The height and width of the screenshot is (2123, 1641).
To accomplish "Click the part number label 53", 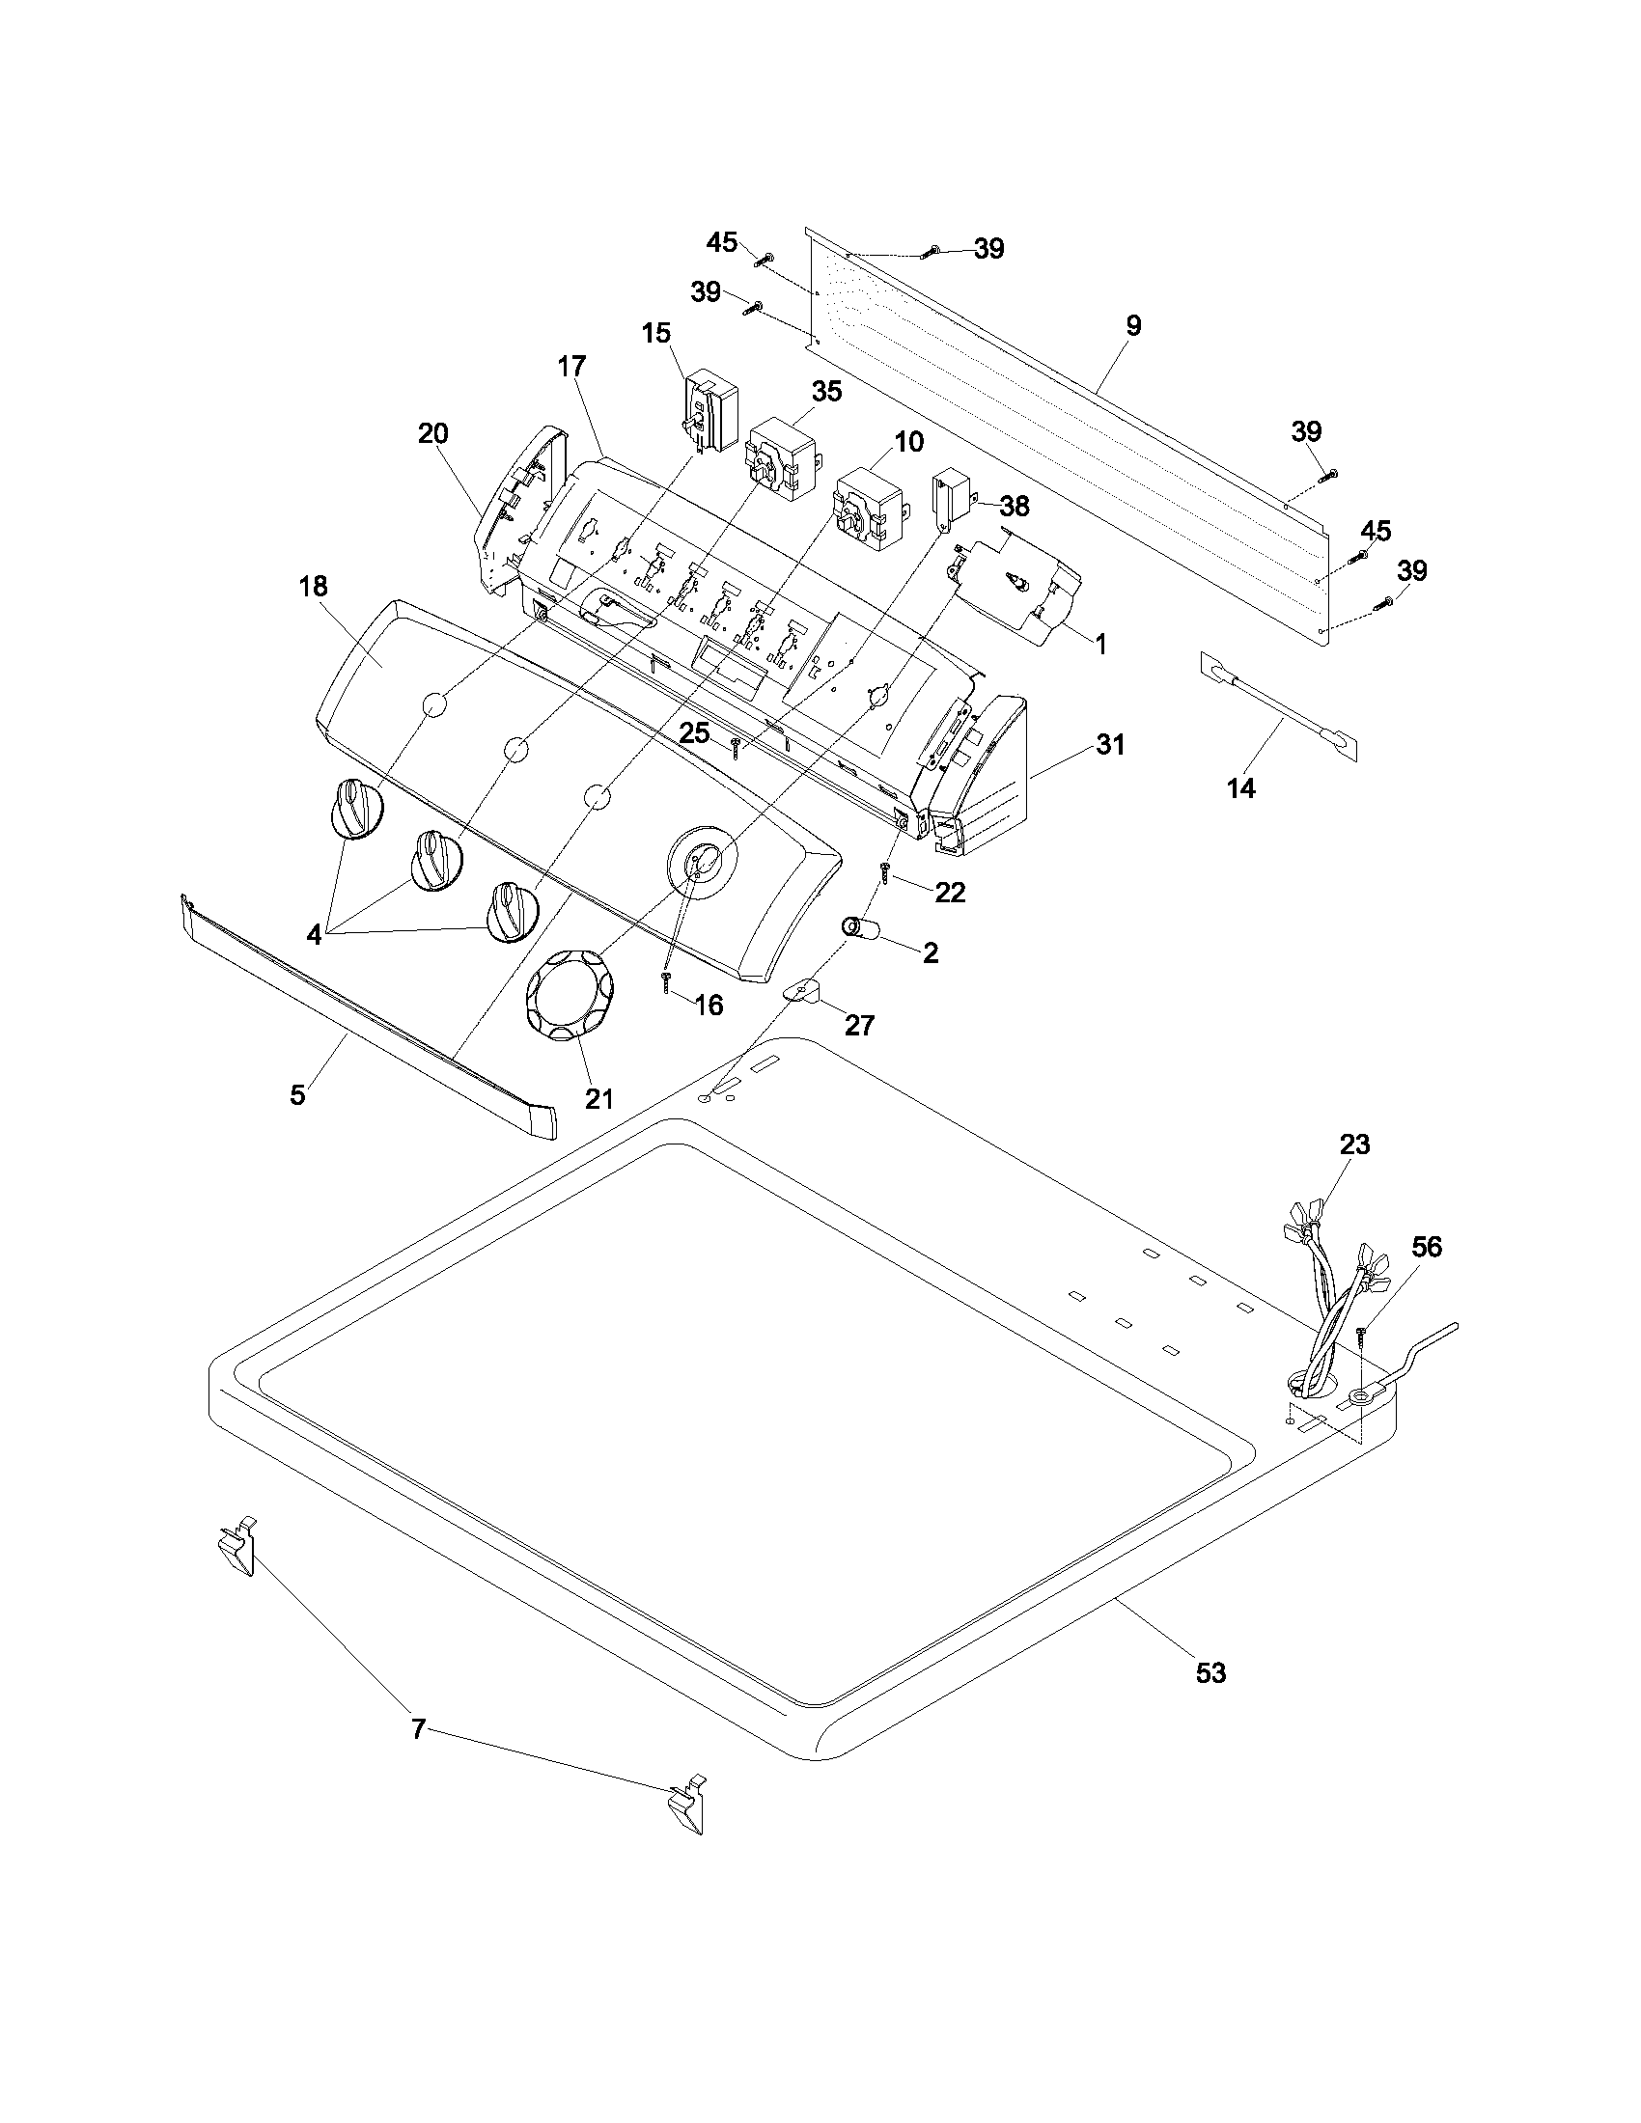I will coord(1211,1672).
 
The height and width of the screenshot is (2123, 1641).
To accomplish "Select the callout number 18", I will coord(314,586).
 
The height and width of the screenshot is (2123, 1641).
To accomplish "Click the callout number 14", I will coord(1241,788).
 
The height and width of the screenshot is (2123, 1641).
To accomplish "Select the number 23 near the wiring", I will coord(1354,1144).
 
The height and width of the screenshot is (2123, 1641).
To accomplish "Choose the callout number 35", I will coord(826,391).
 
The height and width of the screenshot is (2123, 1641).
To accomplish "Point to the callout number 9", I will coord(1133,325).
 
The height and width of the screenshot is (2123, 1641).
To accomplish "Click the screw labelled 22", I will coord(885,871).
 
